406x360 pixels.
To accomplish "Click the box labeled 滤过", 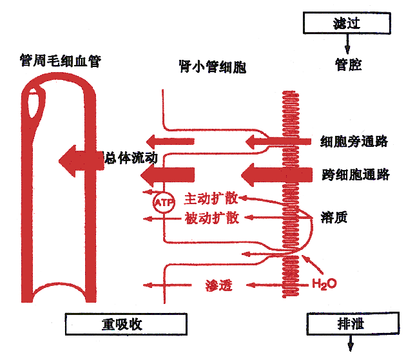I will (347, 24).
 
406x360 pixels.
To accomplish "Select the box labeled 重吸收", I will (126, 324).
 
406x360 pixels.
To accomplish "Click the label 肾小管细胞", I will (212, 66).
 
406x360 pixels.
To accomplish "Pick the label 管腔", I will (348, 65).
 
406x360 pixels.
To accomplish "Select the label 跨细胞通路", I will (355, 174).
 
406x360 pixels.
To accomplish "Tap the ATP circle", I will (161, 202).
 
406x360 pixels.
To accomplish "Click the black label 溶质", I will (334, 217).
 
